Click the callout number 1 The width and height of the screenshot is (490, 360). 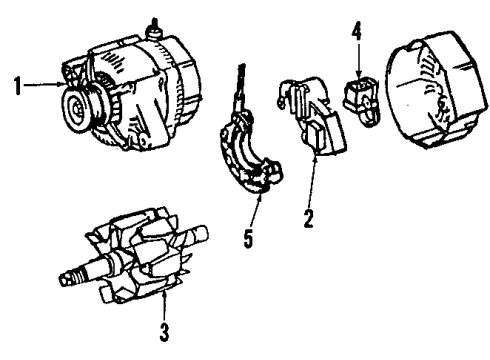pyautogui.click(x=18, y=86)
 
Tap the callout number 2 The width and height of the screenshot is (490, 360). pyautogui.click(x=309, y=218)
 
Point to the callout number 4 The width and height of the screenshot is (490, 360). pyautogui.click(x=357, y=33)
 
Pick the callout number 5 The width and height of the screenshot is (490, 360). pyautogui.click(x=248, y=239)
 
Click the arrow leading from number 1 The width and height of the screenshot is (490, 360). pyautogui.click(x=44, y=85)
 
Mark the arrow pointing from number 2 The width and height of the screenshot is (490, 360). pyautogui.click(x=312, y=180)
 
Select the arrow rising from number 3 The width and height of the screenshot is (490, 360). pyautogui.click(x=164, y=305)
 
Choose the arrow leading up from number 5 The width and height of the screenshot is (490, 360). pyautogui.click(x=255, y=211)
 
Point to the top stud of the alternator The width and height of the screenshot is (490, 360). pyautogui.click(x=154, y=28)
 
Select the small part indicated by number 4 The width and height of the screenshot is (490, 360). pyautogui.click(x=361, y=100)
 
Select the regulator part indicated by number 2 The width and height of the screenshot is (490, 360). pyautogui.click(x=313, y=117)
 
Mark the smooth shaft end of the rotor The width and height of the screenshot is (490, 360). pyautogui.click(x=197, y=234)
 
